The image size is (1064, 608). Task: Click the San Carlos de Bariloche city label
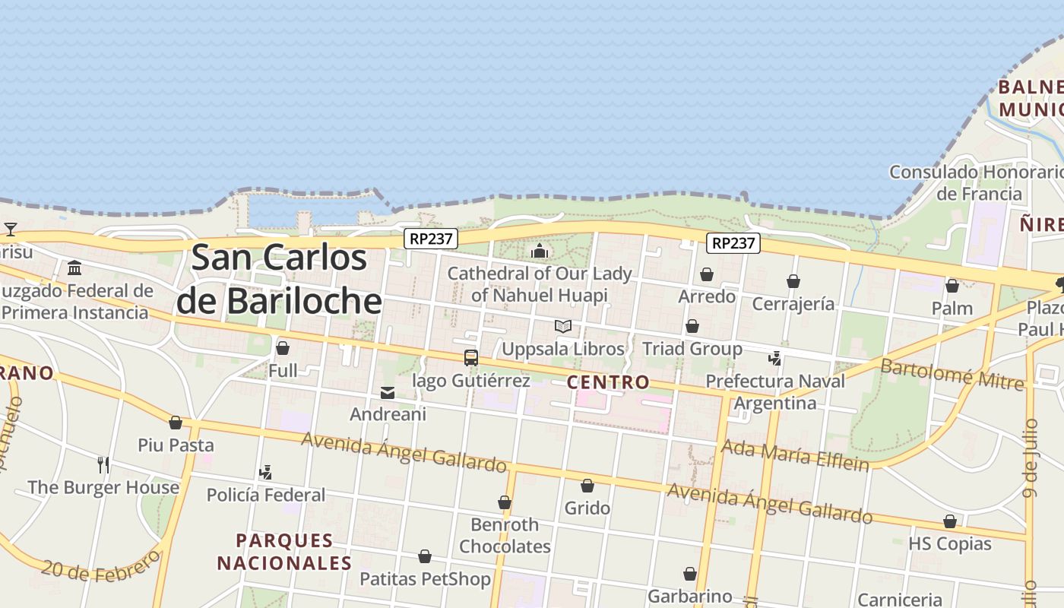pos(279,280)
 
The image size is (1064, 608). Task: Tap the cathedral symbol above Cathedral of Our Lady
pos(540,251)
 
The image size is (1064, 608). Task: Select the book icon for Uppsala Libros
pos(563,327)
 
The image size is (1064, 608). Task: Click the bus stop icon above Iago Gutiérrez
pos(471,357)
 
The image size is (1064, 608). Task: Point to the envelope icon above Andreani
pos(388,393)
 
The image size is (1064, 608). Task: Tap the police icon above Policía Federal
pos(265,473)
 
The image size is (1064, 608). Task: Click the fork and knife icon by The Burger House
pos(103,464)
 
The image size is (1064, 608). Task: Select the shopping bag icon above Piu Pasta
pos(176,423)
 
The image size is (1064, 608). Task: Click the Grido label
pos(587,508)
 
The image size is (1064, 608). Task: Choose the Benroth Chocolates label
pos(505,535)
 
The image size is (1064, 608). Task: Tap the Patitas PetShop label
pos(425,579)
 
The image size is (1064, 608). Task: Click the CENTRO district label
pos(608,382)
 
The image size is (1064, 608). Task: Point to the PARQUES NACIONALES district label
pos(284,552)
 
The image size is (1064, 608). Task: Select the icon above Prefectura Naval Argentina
pos(775,358)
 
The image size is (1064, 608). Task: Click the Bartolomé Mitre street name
pos(952,375)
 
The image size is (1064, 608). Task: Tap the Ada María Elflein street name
pos(794,454)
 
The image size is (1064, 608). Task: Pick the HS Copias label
pos(950,543)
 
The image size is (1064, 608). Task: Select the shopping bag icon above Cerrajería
pos(793,282)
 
